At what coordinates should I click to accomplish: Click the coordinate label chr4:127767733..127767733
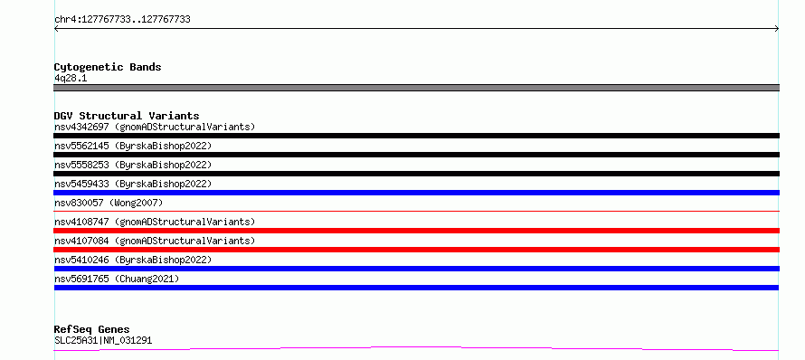pyautogui.click(x=122, y=20)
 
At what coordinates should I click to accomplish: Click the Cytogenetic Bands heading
pyautogui.click(x=108, y=67)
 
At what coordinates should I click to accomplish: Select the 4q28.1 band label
pyautogui.click(x=71, y=78)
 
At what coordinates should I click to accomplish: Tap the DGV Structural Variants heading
pyautogui.click(x=127, y=116)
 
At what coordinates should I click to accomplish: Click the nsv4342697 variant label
pyautogui.click(x=155, y=127)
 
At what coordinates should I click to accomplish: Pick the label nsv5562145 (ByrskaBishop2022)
pyautogui.click(x=133, y=146)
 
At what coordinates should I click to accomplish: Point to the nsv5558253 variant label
pyautogui.click(x=133, y=165)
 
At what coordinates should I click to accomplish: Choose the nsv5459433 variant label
pyautogui.click(x=133, y=184)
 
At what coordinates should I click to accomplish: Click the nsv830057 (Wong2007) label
pyautogui.click(x=109, y=203)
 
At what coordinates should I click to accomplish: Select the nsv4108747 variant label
pyautogui.click(x=155, y=222)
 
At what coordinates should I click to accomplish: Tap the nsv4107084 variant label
pyautogui.click(x=155, y=241)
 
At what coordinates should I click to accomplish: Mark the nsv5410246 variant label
pyautogui.click(x=133, y=260)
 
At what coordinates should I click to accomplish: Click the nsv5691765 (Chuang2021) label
pyautogui.click(x=117, y=279)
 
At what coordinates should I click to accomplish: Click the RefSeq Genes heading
pyautogui.click(x=92, y=329)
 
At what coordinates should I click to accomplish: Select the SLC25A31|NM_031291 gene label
pyautogui.click(x=103, y=340)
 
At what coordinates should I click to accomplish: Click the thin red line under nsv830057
pyautogui.click(x=416, y=211)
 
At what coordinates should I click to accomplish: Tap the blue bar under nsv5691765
pyautogui.click(x=416, y=288)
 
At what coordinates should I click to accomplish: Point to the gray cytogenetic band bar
pyautogui.click(x=416, y=88)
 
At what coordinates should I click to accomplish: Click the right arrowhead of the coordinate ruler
pyautogui.click(x=777, y=29)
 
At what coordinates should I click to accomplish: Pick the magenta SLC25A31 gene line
pyautogui.click(x=416, y=349)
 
